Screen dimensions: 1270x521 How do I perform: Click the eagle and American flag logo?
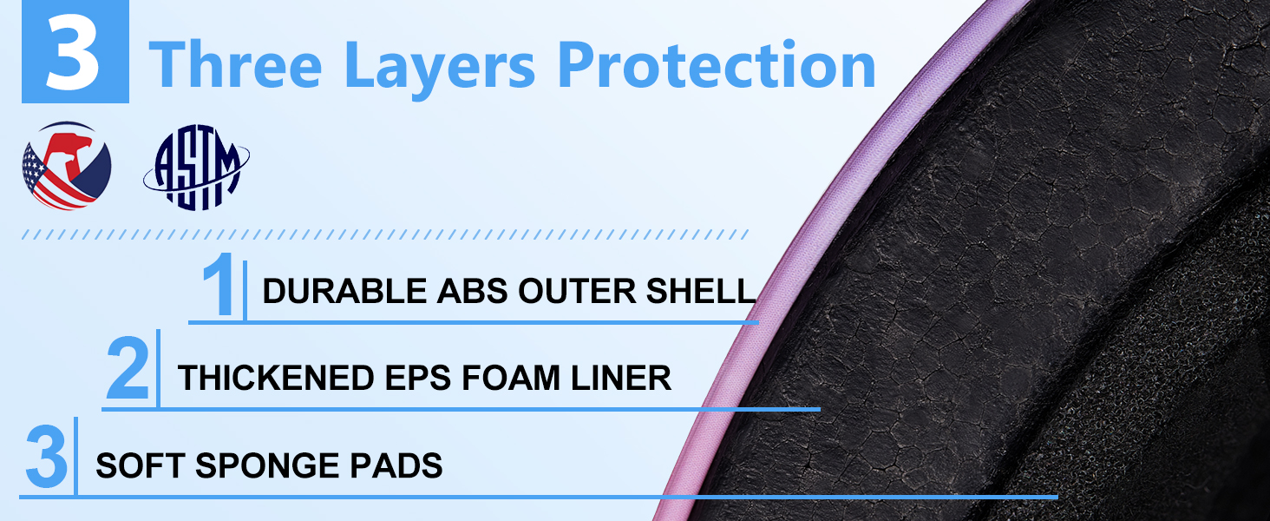(67, 166)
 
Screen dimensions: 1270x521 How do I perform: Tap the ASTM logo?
(196, 168)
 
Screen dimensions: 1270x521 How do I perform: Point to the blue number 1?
(219, 284)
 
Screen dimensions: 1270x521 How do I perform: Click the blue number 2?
(128, 368)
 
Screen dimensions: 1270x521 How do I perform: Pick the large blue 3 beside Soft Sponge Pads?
(47, 456)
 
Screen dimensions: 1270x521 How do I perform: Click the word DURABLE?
(344, 291)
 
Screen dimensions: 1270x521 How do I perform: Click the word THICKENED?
(276, 378)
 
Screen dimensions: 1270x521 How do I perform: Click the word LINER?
(621, 378)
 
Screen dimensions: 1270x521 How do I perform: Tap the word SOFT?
(141, 465)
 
